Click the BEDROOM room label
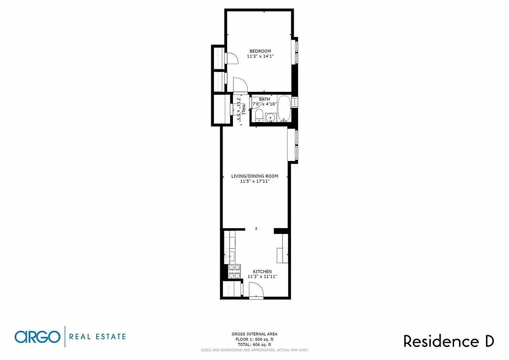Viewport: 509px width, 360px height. tap(260, 51)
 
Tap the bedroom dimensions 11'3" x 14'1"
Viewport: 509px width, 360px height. tap(260, 56)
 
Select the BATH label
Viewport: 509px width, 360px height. tap(264, 99)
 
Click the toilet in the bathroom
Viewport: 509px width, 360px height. tap(259, 116)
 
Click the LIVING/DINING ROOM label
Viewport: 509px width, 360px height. tap(254, 176)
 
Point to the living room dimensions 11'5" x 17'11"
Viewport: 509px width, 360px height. tap(254, 181)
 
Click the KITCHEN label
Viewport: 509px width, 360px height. tap(262, 271)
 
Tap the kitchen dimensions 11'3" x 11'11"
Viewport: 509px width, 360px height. tap(262, 277)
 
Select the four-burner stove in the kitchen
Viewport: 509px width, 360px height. tap(234, 271)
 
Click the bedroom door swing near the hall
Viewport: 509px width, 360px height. tap(239, 85)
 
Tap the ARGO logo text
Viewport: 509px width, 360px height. tap(37, 337)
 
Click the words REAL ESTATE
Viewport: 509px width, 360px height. tap(98, 336)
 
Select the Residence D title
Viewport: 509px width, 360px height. tap(448, 341)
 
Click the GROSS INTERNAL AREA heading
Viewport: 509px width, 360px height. tap(254, 334)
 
